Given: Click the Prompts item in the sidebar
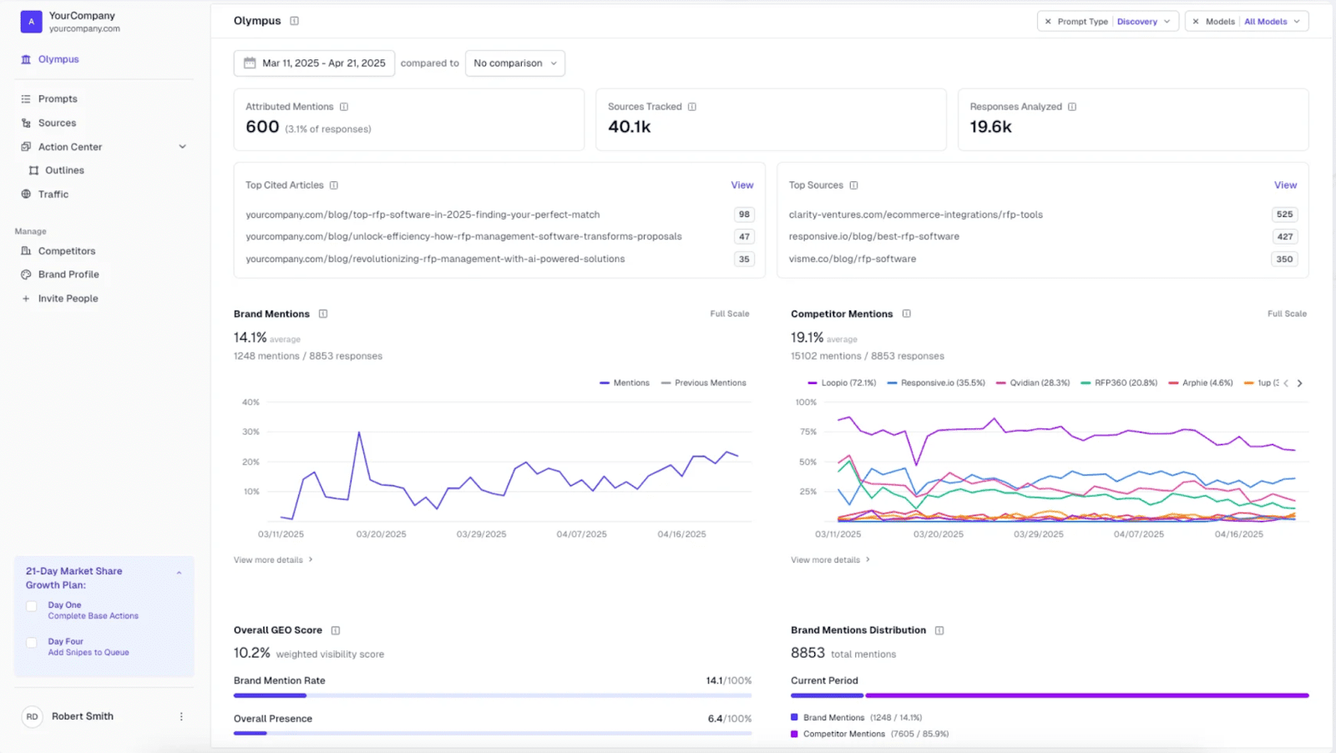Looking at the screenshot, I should tap(57, 99).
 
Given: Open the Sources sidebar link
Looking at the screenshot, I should tap(57, 123).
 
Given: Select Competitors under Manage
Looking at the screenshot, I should tap(66, 250).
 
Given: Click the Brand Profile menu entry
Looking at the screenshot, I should tap(68, 274).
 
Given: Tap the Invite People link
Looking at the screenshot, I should tap(68, 298).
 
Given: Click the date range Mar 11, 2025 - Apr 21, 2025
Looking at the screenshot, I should tap(315, 63).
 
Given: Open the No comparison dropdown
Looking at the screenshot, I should tap(514, 63).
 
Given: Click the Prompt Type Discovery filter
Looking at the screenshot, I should tap(1107, 22).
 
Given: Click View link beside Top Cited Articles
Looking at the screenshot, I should tap(741, 185).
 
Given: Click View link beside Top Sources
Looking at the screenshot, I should tap(1284, 185).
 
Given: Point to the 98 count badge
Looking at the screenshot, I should tap(743, 215).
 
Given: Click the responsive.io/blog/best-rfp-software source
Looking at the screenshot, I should tap(873, 236).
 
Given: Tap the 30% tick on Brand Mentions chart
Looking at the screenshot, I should tap(250, 432).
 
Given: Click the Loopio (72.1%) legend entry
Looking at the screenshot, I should tap(842, 383).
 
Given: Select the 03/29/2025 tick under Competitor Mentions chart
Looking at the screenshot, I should tap(1038, 534).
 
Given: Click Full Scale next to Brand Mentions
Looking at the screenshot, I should tap(729, 314).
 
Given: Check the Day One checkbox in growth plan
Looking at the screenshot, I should tap(32, 607).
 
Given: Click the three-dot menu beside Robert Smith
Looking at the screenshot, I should tap(181, 716).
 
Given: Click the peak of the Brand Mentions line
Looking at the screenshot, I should tap(359, 432).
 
